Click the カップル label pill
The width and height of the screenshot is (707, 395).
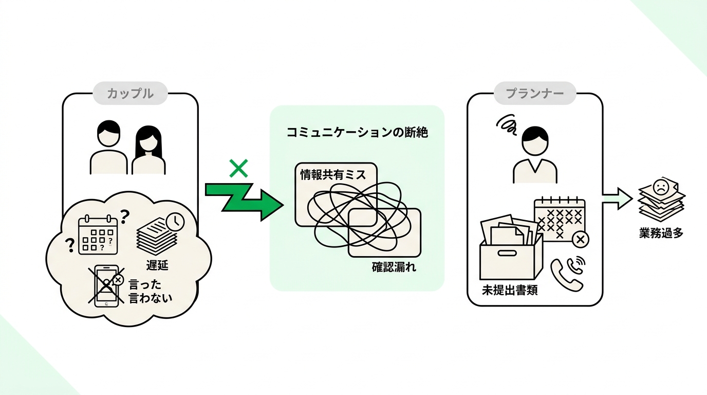130,93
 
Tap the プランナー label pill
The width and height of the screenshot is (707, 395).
535,93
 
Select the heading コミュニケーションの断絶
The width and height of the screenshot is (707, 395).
357,132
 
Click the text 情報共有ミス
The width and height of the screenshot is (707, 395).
333,174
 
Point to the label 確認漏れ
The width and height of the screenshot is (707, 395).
394,267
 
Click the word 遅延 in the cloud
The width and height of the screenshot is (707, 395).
157,265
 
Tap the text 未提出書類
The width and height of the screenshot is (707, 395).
510,290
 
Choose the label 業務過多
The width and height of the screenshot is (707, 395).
661,233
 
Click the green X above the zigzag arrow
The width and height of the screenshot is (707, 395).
238,168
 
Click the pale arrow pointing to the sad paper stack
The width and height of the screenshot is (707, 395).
618,199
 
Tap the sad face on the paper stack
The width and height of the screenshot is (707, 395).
660,187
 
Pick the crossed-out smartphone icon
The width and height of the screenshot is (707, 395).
106,285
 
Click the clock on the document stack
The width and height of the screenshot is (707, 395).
175,222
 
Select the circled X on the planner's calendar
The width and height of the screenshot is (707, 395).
581,240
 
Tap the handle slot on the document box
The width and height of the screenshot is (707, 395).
507,253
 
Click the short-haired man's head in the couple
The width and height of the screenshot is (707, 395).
108,133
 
